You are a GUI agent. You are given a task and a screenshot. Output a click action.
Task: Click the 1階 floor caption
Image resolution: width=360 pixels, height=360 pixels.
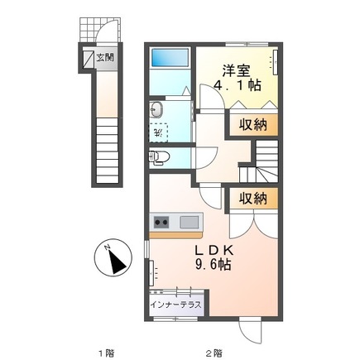tap(104, 352)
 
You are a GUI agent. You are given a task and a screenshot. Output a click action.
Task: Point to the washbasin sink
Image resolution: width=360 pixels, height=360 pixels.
tap(157, 111)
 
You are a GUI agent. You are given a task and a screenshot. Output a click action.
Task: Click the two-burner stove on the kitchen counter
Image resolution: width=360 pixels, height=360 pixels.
tap(161, 222)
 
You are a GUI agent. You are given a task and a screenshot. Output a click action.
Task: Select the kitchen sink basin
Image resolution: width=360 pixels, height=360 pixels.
tap(190, 222)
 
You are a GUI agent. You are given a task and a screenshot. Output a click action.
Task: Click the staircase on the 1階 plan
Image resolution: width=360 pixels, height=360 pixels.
tap(105, 149)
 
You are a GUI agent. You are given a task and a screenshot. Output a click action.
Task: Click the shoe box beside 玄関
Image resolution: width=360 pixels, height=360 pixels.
tap(88, 59)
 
